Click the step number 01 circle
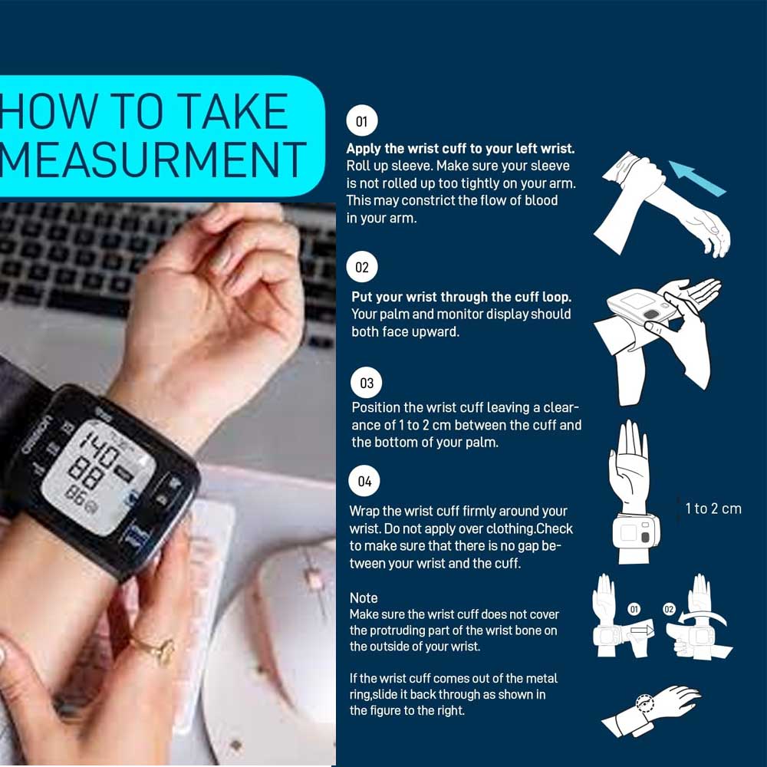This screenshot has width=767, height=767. [x=362, y=120]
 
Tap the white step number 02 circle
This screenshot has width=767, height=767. [x=362, y=267]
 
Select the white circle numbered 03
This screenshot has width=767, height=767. [x=367, y=383]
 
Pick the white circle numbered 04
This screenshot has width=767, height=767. [x=364, y=481]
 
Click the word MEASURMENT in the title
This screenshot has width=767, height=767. [x=153, y=160]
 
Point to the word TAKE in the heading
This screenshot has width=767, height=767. [x=232, y=111]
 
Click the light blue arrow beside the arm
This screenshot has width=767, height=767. [x=696, y=178]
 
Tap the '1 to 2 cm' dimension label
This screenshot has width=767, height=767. [x=713, y=509]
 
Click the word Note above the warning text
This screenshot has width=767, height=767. [x=364, y=597]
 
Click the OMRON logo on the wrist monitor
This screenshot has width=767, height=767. [x=36, y=435]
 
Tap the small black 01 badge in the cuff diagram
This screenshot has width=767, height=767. [x=634, y=609]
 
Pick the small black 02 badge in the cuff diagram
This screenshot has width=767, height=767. [x=669, y=609]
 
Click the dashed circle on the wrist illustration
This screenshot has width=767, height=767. [x=645, y=704]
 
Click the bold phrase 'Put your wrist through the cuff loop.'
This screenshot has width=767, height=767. [x=461, y=297]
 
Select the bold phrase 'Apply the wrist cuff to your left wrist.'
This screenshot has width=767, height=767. [x=460, y=149]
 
